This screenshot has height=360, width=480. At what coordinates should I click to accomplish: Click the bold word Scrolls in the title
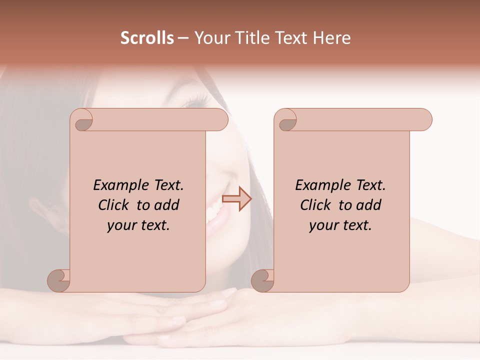[x=147, y=38]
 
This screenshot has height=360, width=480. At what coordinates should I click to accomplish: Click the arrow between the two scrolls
[x=236, y=199]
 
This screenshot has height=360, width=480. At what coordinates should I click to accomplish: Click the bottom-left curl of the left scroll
[x=59, y=280]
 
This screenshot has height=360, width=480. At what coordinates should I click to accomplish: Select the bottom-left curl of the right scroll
[x=262, y=280]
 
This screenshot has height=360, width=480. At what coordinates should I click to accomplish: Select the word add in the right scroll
[x=369, y=205]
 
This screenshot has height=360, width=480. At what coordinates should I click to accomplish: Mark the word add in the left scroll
[x=167, y=205]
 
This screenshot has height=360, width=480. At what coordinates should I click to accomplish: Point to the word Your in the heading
[x=210, y=38]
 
